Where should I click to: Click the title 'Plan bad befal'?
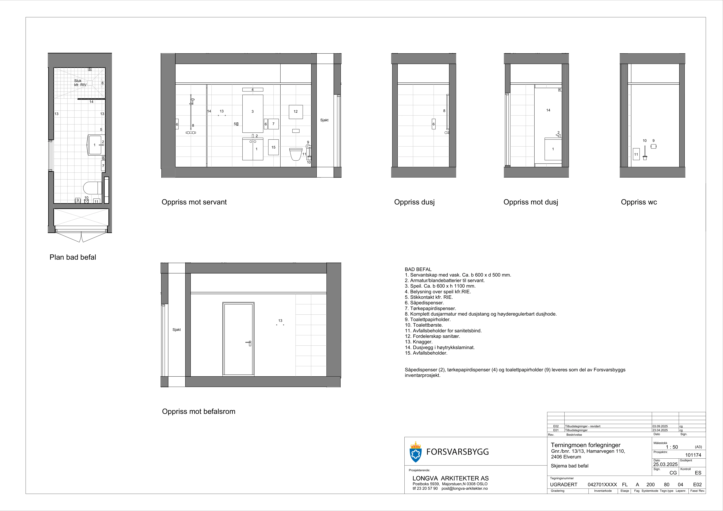click(73, 257)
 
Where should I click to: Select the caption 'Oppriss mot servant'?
click(194, 202)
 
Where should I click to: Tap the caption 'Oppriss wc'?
click(639, 202)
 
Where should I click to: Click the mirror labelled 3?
click(253, 114)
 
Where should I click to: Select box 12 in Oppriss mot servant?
click(296, 112)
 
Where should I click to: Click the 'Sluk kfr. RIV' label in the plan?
click(80, 83)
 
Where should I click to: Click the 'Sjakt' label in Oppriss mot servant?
click(324, 120)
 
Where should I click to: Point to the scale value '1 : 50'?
click(672, 447)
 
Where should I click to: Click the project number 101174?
click(693, 455)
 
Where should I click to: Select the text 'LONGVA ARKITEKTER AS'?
click(451, 478)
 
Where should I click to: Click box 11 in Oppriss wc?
click(636, 154)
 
